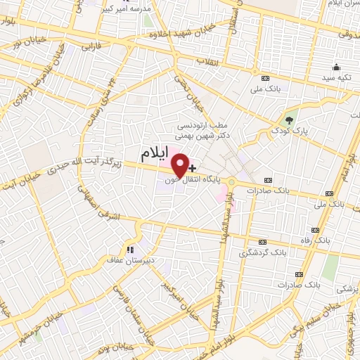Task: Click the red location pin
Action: pyautogui.click(x=180, y=164)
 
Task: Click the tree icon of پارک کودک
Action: pyautogui.click(x=288, y=119)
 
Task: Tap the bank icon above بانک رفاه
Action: pyautogui.click(x=315, y=230)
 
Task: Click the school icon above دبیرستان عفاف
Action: pyautogui.click(x=129, y=249)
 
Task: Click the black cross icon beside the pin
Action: pyautogui.click(x=193, y=169)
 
